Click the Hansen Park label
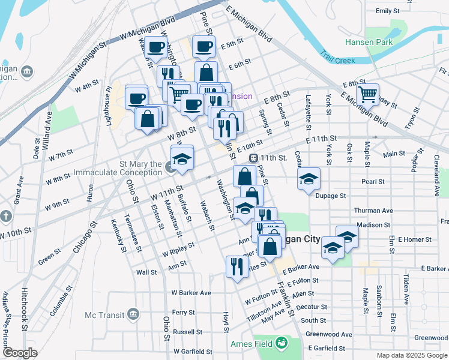(x=369, y=42)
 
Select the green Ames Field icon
(x=280, y=344)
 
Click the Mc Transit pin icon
(x=133, y=314)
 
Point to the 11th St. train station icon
(x=254, y=158)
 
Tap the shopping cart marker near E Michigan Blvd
(x=367, y=94)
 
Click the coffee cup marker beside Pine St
(x=203, y=46)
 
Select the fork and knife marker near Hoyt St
(x=237, y=265)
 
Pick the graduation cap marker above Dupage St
(x=309, y=179)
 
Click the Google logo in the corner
(x=20, y=352)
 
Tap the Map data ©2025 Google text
(x=412, y=355)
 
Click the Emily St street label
(x=387, y=11)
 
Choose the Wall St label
(x=146, y=272)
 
